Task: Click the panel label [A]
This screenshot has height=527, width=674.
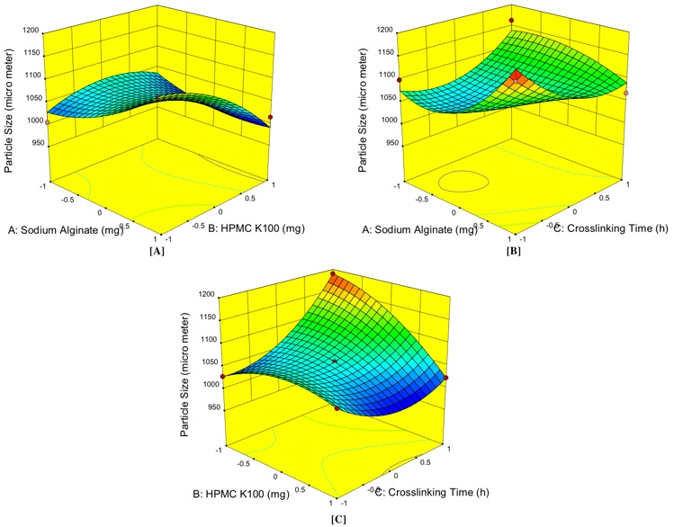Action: pos(159,252)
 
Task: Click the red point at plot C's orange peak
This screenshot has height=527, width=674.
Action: pos(333,273)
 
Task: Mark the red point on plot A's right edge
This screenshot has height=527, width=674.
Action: pos(270,118)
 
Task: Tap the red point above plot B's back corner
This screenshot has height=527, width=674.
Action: pos(511,21)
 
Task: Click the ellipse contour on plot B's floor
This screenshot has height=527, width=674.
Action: pos(463,180)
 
